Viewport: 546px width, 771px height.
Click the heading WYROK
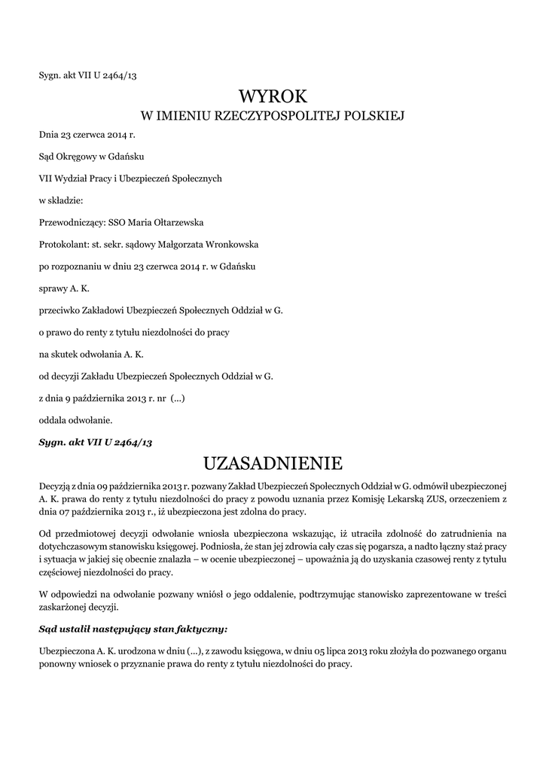[x=273, y=96]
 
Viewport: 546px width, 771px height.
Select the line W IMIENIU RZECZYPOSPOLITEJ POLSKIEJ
[x=273, y=116]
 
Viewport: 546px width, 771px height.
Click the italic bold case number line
[x=96, y=442]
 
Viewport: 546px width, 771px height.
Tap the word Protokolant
[x=63, y=245]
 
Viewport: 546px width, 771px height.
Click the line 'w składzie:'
[x=61, y=201]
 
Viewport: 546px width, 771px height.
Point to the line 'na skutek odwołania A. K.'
[x=91, y=353]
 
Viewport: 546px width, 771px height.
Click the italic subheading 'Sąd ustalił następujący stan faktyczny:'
[x=133, y=627]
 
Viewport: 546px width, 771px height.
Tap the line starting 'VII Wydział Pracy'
[x=130, y=179]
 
